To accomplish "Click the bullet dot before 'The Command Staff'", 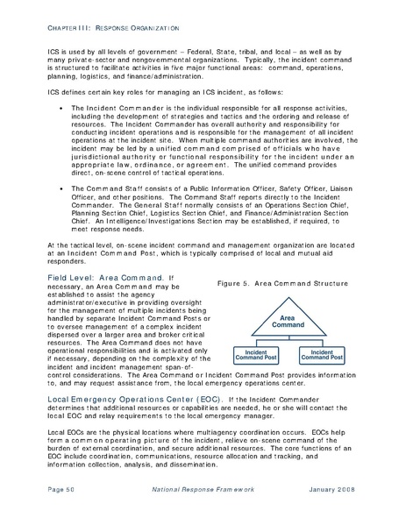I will [57, 212].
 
